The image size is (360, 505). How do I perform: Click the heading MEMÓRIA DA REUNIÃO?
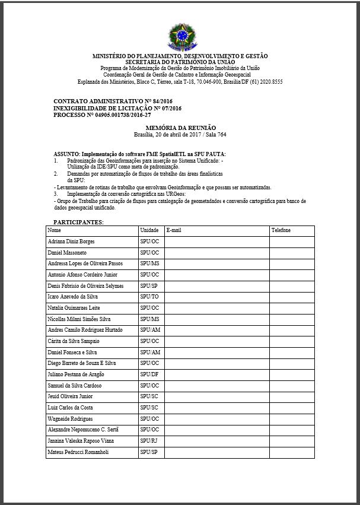pyautogui.click(x=180, y=128)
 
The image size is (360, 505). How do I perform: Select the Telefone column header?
pyautogui.click(x=282, y=230)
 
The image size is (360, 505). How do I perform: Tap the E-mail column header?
pyautogui.click(x=174, y=230)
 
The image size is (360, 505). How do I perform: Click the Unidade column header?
pyautogui.click(x=148, y=230)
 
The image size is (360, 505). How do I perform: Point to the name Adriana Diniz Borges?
pyautogui.click(x=71, y=242)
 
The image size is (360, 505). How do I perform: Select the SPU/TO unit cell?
pyautogui.click(x=149, y=297)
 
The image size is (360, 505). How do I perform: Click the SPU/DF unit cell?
pyautogui.click(x=149, y=374)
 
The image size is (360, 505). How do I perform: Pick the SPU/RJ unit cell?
pyautogui.click(x=149, y=441)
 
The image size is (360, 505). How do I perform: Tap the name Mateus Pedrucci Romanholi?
pyautogui.click(x=78, y=452)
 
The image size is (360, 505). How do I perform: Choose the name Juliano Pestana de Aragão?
pyautogui.click(x=76, y=374)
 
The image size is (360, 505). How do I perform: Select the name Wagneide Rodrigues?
pyautogui.click(x=70, y=419)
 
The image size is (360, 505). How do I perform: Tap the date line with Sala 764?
pyautogui.click(x=180, y=135)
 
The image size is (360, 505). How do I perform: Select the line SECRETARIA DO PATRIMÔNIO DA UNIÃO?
pyautogui.click(x=180, y=62)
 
